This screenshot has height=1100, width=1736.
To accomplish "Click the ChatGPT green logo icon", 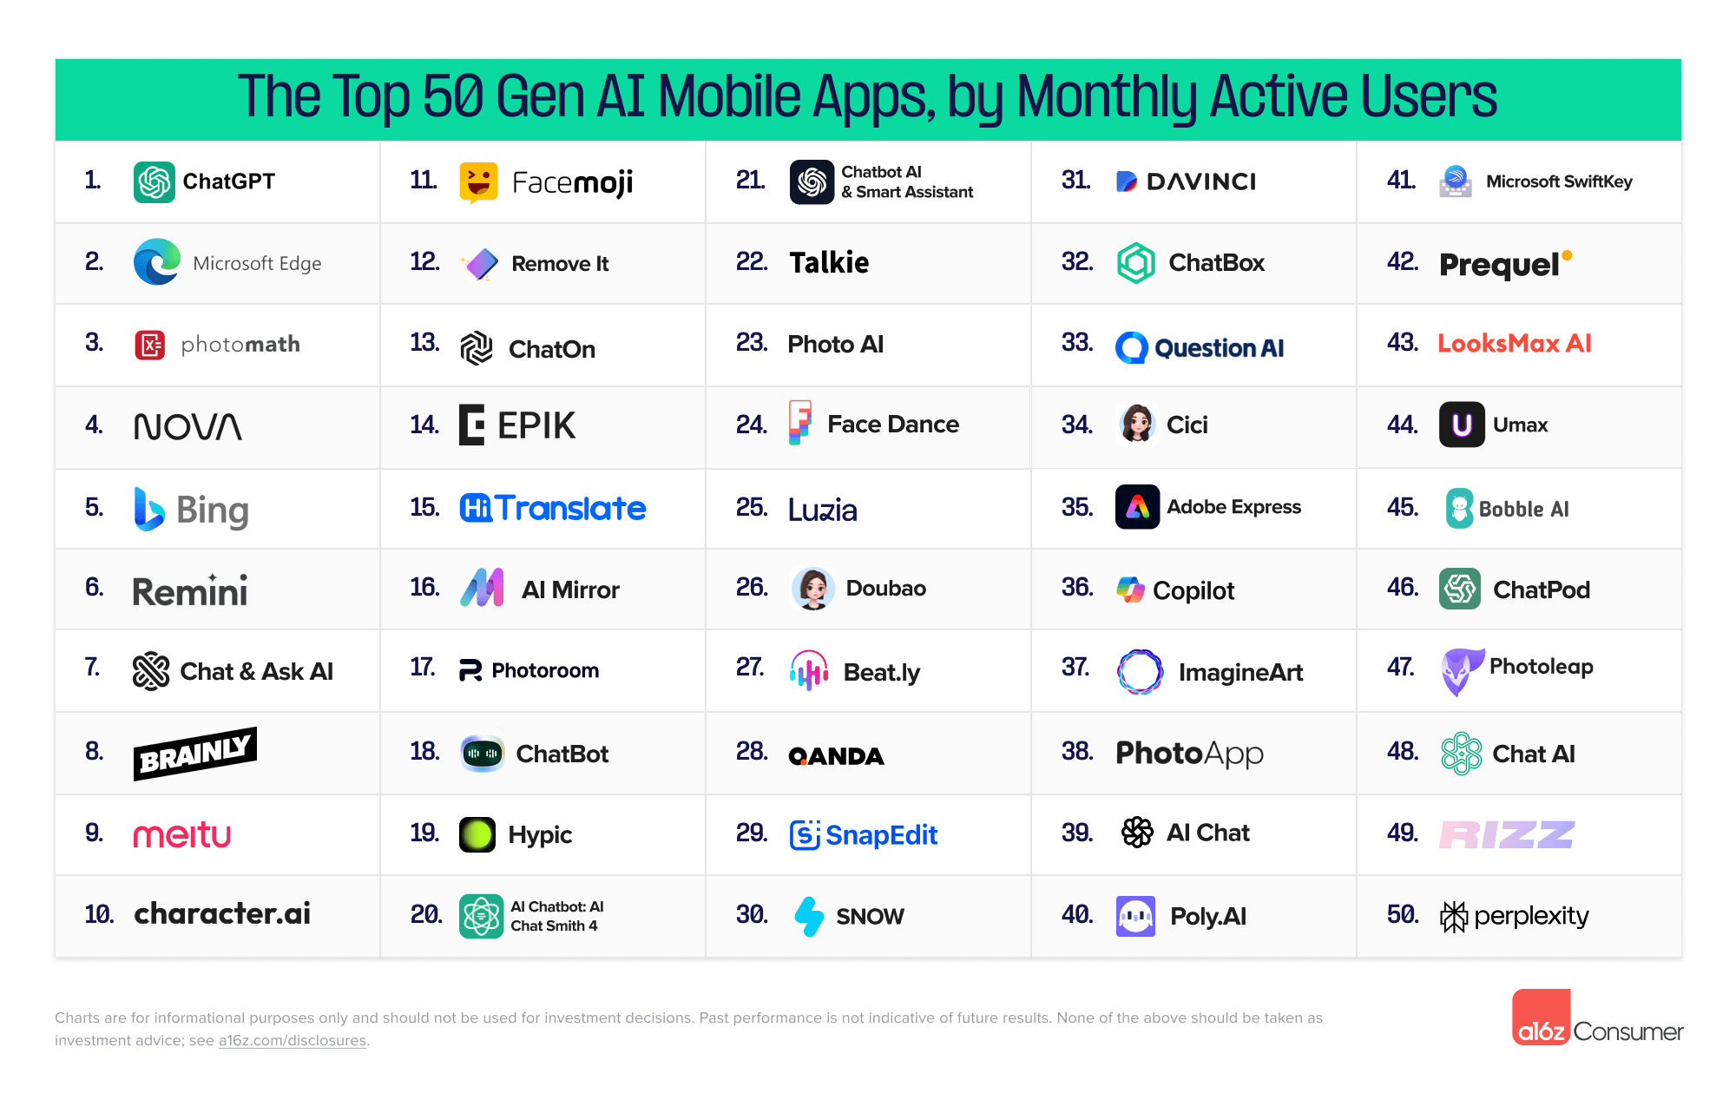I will click(155, 182).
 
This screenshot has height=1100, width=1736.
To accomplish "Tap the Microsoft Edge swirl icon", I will click(157, 262).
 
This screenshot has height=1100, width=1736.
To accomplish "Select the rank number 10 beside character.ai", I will click(99, 914).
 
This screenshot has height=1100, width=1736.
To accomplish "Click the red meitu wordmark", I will click(182, 834).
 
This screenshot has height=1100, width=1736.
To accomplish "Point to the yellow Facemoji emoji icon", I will click(478, 182).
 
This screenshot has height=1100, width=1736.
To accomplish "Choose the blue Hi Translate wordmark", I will click(553, 508).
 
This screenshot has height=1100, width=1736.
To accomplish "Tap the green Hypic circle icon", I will click(477, 835).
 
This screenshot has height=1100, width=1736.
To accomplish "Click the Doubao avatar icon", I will click(813, 589).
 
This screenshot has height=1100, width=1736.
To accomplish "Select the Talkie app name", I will click(829, 262).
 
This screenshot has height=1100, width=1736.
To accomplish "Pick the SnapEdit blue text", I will click(881, 835).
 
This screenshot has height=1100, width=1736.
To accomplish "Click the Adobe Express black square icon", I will click(1137, 507).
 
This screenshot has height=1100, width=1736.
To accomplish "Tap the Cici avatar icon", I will click(1137, 425).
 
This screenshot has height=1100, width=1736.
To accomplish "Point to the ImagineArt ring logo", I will click(1140, 672).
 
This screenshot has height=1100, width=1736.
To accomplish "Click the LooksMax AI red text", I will click(1515, 344).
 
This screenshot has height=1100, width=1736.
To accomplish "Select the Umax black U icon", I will click(1462, 425).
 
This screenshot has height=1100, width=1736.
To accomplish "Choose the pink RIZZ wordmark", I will click(1507, 835).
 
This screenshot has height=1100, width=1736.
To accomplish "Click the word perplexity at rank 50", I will click(1531, 916).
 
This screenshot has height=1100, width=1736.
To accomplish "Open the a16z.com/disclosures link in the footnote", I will click(292, 1041).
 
